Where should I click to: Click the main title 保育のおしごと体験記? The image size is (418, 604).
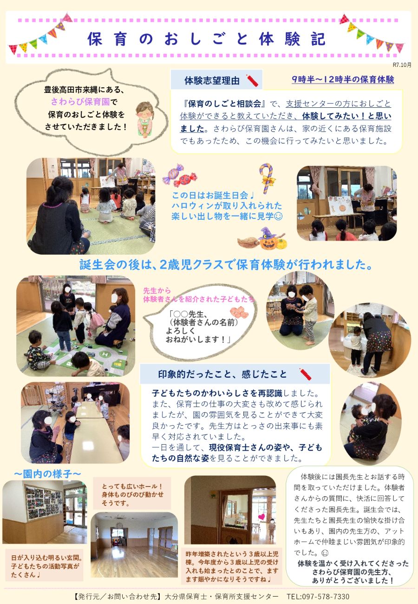pyautogui.click(x=207, y=39)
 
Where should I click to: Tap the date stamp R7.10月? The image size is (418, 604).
pyautogui.click(x=402, y=65)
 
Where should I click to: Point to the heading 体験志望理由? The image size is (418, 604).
pyautogui.click(x=212, y=80)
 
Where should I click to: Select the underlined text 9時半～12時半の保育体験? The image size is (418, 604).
pyautogui.click(x=343, y=79)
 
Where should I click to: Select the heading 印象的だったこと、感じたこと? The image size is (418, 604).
pyautogui.click(x=222, y=374)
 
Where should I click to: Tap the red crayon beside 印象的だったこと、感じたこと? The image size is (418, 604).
pyautogui.click(x=305, y=374)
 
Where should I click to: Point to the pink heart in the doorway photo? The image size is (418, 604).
pyautogui.click(x=261, y=517)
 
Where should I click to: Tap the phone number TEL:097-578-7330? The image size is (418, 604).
pyautogui.click(x=318, y=596)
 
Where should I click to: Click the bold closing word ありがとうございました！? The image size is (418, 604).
pyautogui.click(x=353, y=580)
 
